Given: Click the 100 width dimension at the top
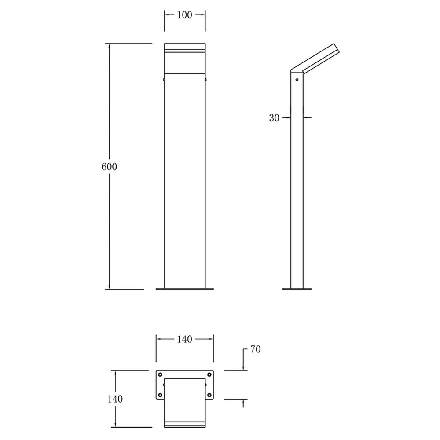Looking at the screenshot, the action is pyautogui.click(x=184, y=15).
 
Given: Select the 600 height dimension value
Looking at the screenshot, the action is pyautogui.click(x=109, y=167).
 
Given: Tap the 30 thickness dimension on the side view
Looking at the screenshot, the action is pyautogui.click(x=274, y=118).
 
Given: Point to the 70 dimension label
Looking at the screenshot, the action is pyautogui.click(x=255, y=349).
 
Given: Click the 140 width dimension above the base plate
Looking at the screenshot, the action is pyautogui.click(x=184, y=339).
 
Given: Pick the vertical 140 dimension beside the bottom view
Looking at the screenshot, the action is pyautogui.click(x=115, y=399).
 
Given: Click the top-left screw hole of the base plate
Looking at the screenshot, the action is pyautogui.click(x=160, y=374).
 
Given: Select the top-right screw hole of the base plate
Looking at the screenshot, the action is pyautogui.click(x=209, y=374).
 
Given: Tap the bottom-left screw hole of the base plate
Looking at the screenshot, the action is pyautogui.click(x=160, y=395).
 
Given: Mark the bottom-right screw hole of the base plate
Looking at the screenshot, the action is pyautogui.click(x=209, y=395).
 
